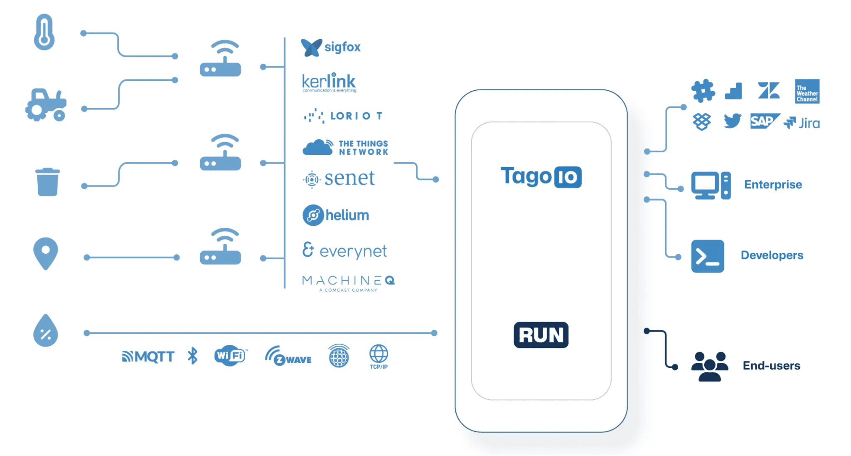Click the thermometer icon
pos(44,32)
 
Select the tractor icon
pos(46,105)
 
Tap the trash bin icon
pos(47,182)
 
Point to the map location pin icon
pos(45,253)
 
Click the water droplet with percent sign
pos(45,331)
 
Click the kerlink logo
pos(329,82)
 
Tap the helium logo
pos(336,215)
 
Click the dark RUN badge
pos(541,335)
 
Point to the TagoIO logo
pos(541,176)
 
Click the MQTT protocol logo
pos(148,357)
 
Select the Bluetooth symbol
pos(192,356)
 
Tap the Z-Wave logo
pos(288,357)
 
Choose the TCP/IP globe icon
pos(379,356)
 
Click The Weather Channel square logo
pos(807,92)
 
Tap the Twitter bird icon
pos(732,121)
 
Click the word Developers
pos(772,255)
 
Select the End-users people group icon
pos(709,366)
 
